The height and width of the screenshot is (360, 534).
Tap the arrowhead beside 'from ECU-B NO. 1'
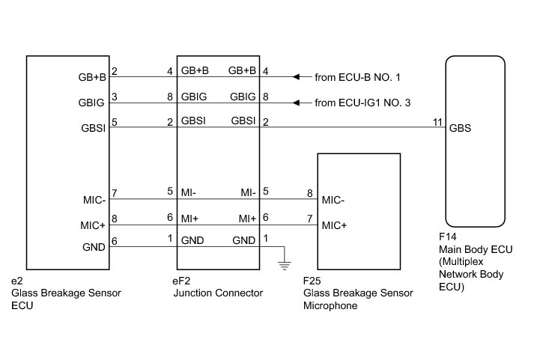coord(297,77)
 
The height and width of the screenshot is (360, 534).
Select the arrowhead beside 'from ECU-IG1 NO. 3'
coord(297,103)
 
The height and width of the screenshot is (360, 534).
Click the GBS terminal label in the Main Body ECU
coord(461,127)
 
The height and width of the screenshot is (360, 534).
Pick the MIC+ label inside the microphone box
coord(333,225)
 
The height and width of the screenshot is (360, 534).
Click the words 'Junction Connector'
coord(218,293)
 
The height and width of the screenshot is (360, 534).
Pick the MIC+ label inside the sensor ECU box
coord(93,225)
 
